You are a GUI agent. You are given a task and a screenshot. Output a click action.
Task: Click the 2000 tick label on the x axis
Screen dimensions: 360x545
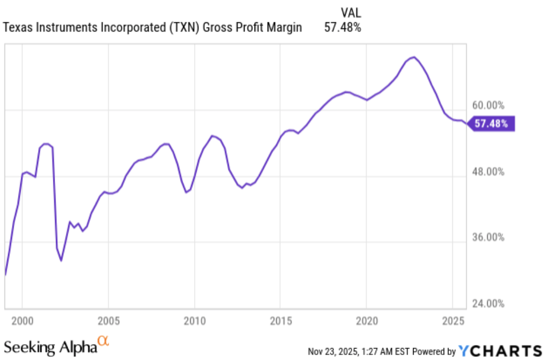tap(22, 319)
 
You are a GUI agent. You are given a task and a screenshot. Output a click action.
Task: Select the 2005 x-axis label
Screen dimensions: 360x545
tap(108, 319)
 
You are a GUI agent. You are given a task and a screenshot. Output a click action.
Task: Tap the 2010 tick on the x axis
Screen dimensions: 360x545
tap(194, 319)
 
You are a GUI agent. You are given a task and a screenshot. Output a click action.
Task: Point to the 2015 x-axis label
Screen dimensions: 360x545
tap(280, 319)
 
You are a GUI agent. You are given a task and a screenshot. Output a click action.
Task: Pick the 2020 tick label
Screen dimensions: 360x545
tap(367, 319)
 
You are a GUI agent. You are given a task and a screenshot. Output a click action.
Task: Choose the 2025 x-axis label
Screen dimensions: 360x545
tap(453, 319)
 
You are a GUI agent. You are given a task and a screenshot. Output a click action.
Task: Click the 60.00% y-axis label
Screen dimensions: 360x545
tap(488, 105)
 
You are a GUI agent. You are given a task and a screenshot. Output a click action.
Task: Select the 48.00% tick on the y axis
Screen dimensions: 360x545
tap(488, 172)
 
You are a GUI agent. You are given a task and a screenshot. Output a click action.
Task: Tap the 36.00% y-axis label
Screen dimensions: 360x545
tap(488, 238)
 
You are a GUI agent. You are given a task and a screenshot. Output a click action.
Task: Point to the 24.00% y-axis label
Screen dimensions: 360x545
tap(488, 304)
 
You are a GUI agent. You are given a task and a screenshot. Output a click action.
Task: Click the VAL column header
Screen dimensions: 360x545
tap(350, 12)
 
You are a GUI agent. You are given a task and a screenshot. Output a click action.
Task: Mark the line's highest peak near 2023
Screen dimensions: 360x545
tap(414, 57)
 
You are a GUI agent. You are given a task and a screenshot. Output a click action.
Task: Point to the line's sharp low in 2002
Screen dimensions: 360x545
tap(62, 261)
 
